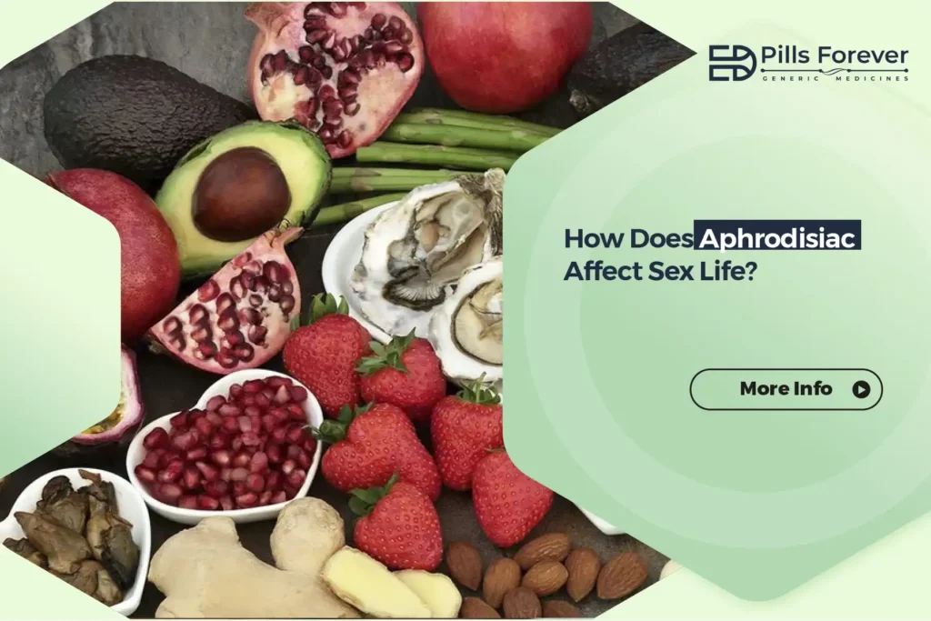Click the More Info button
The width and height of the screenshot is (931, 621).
click(786, 389)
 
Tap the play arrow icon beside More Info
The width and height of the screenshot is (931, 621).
click(860, 390)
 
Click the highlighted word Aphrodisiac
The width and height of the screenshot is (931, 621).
click(777, 239)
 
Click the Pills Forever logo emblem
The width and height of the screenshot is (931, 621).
click(731, 63)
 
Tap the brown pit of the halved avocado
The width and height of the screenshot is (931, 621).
click(241, 194)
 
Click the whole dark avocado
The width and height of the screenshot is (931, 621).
click(136, 118)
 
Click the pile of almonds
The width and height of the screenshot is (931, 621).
click(546, 573)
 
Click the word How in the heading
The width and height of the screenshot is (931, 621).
click(593, 239)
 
